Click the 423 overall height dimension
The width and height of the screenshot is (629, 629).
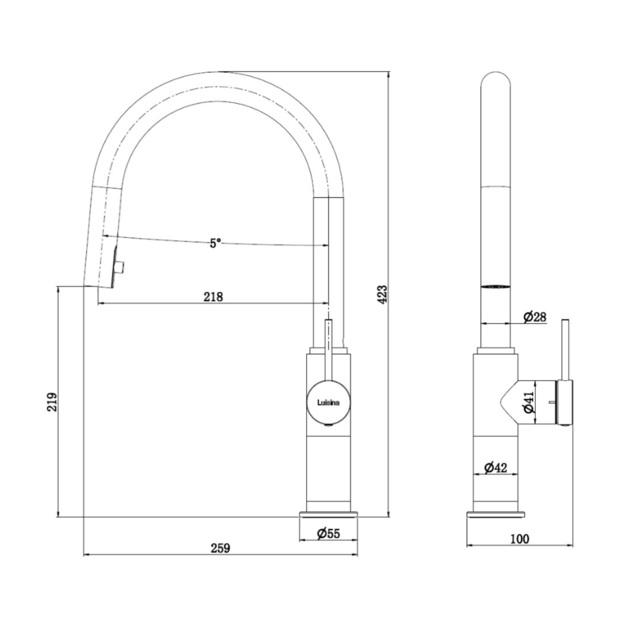coord(383,294)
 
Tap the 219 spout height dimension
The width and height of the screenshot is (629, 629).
coord(53,402)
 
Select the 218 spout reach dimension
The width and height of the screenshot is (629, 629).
coord(213,297)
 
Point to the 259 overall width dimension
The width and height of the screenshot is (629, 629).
coord(220,548)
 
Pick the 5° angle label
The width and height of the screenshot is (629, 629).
coord(215,243)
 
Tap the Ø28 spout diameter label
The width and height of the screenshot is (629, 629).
coord(535,317)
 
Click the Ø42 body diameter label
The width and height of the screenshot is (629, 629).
coord(496,467)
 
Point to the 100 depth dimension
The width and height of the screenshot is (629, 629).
coord(520,539)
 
